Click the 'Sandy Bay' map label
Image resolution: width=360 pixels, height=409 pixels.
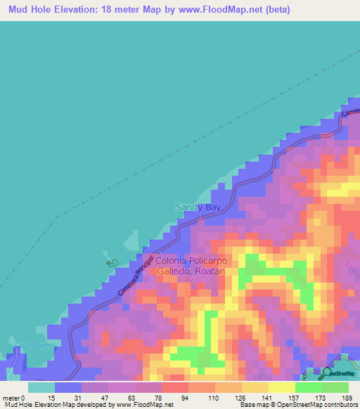[x=197, y=207]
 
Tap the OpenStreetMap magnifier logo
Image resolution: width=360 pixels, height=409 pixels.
[x=326, y=372]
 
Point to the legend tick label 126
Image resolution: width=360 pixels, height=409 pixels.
[x=240, y=397]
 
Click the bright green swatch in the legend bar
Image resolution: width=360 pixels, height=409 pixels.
[x=309, y=387]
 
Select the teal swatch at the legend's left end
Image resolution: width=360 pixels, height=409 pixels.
[x=41, y=387]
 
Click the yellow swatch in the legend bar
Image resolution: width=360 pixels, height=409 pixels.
[x=282, y=387]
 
